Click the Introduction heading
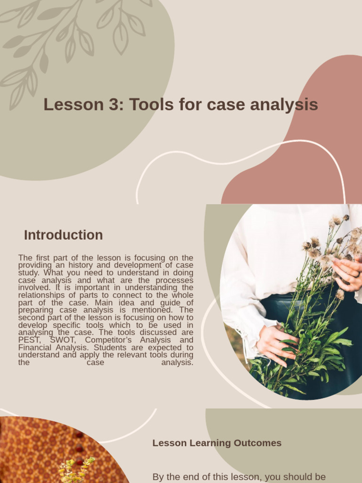tap(63, 235)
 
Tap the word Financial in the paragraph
tap(36, 348)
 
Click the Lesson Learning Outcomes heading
tap(217, 443)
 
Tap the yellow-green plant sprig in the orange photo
tap(75, 469)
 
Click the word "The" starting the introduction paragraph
tap(25, 258)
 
